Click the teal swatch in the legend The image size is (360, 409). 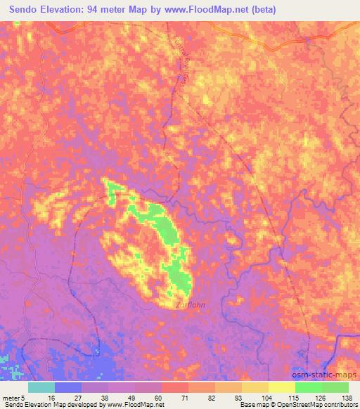click(x=41, y=387)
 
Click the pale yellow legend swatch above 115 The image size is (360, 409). click(x=281, y=387)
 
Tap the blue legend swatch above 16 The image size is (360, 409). click(x=68, y=387)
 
